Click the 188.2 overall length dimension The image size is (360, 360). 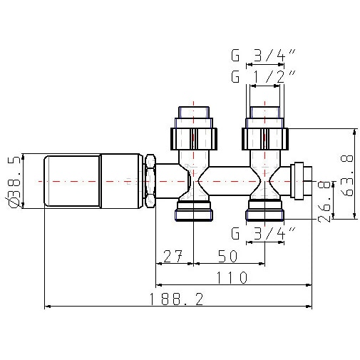tap(175, 299)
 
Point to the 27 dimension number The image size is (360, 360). tap(173, 254)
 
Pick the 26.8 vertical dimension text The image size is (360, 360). tap(325, 201)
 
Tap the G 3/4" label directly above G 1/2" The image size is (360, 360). tap(261, 55)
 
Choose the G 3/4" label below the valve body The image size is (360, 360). tap(261, 233)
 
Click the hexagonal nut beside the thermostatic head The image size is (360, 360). tap(150, 181)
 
